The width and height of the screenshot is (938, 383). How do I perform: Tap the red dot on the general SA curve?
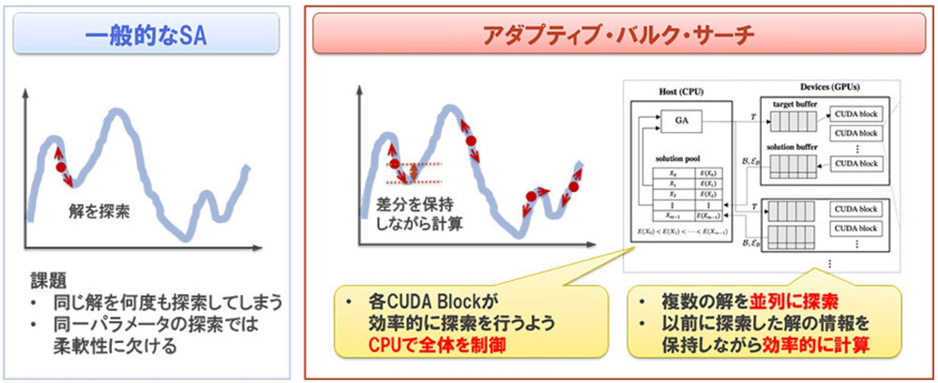61,168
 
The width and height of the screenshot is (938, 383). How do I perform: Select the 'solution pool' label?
682,162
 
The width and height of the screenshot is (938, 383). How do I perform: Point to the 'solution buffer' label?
794,147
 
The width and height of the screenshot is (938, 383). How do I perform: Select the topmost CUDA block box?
856,114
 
